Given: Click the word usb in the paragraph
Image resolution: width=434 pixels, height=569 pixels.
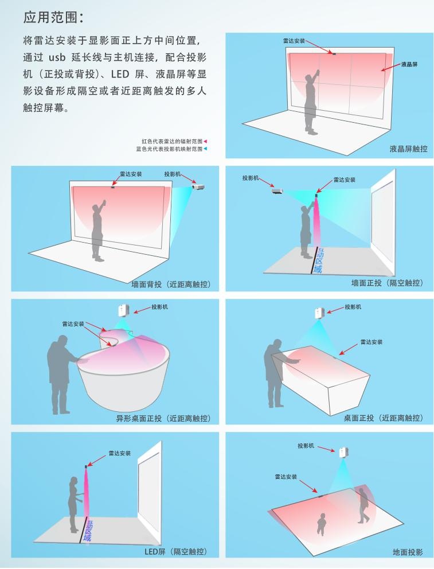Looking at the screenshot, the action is [x=57, y=57].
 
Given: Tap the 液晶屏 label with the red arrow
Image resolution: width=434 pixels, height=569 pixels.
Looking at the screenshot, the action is [x=409, y=64].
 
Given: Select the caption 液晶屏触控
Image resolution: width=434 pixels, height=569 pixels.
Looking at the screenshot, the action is [x=408, y=149].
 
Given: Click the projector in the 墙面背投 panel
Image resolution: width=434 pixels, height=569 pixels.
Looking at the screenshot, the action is [x=198, y=187].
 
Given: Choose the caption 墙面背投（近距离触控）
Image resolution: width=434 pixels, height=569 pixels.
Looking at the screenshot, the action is [x=171, y=284].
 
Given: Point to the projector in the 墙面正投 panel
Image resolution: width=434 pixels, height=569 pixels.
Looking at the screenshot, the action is [x=277, y=191].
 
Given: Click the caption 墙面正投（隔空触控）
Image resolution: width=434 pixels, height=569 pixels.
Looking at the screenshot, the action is [x=387, y=283].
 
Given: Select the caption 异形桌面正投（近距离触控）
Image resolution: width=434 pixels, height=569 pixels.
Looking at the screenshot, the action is [x=163, y=418].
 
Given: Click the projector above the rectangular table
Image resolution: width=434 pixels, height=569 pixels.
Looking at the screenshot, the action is [x=319, y=313].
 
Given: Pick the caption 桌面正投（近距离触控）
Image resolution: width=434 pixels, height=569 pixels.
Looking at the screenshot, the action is [x=383, y=418].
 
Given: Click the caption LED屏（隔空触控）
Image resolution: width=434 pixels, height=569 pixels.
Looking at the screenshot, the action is [x=176, y=552].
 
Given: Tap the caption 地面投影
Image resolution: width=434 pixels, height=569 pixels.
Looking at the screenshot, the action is [x=408, y=552].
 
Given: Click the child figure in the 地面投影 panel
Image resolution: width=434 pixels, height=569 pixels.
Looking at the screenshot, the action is [x=321, y=524].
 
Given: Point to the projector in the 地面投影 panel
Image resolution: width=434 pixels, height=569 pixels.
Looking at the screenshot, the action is [x=343, y=453].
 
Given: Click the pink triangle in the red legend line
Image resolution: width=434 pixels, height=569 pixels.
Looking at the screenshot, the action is [x=205, y=141].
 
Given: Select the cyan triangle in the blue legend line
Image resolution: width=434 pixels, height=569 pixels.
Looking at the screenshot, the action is [x=205, y=149].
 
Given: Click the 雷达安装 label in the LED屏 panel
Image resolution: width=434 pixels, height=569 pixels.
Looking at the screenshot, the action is [x=120, y=453].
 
